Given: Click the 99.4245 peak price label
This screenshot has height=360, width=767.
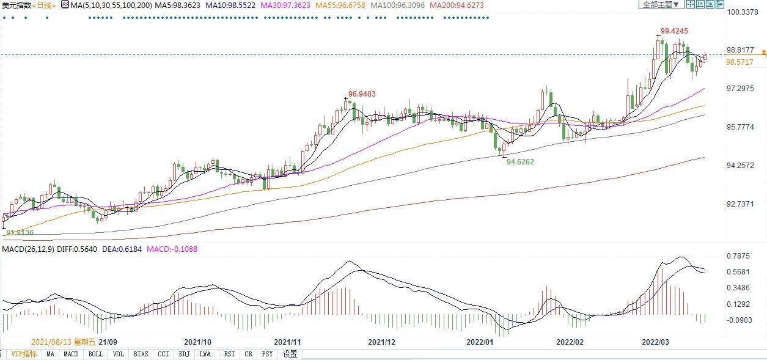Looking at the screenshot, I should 674,31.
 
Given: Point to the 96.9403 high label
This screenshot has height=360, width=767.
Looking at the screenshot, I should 362,94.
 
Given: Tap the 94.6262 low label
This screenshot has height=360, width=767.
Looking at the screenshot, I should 521,162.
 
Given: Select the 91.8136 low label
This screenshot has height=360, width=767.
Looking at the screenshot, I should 20,233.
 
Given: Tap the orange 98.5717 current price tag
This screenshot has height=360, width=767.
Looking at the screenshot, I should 739,62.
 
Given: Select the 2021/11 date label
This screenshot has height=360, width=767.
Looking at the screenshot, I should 288,342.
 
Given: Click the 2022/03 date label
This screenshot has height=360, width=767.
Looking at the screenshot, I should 655,342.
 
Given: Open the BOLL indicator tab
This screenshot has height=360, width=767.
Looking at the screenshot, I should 96,354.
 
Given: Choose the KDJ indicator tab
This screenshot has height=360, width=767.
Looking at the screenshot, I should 185,354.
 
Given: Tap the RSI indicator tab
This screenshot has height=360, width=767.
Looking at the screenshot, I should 229,354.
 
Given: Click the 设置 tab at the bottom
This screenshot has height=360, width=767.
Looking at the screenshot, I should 290,354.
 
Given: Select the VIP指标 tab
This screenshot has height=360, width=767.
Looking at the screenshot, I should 24,354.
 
